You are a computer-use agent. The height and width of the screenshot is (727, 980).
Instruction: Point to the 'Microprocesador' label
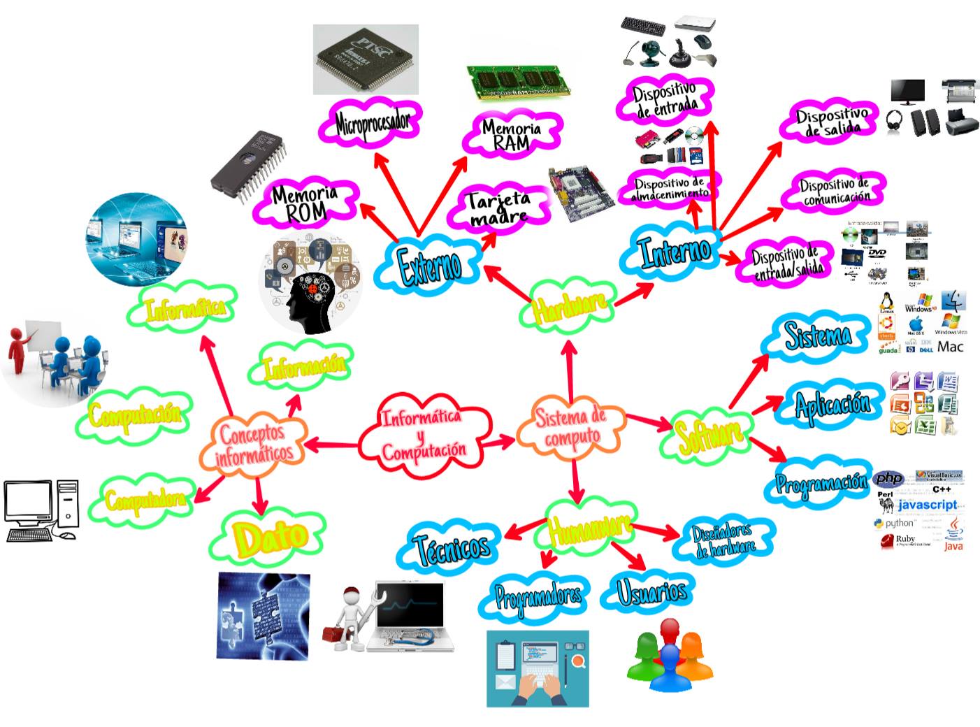(372, 124)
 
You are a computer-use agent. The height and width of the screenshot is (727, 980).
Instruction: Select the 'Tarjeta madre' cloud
(499, 208)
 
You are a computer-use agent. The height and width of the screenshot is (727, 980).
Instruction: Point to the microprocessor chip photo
(366, 59)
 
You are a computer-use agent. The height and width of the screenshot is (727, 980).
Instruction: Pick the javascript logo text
(927, 505)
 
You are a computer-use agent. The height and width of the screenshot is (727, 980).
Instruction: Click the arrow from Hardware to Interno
(633, 294)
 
